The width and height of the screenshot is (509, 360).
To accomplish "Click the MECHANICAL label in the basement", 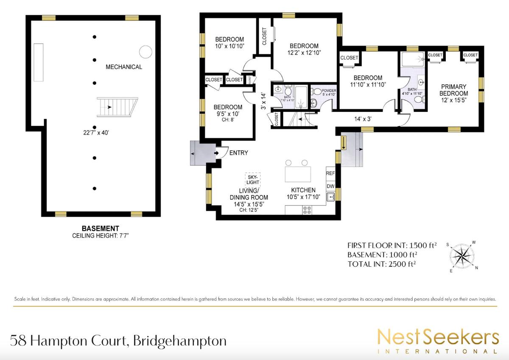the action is tap(124, 67).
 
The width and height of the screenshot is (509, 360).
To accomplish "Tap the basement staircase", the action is tap(117, 107).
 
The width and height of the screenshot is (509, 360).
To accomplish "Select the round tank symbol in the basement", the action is tap(145, 52).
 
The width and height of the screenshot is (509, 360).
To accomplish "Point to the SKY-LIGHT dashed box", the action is tap(253, 180).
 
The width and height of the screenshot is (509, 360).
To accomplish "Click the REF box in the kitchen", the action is tap(330, 173).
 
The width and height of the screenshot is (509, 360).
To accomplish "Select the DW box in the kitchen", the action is tap(330, 186).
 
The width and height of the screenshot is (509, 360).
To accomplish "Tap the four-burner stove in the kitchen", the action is tap(307, 210).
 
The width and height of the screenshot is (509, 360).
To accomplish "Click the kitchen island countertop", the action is tap(298, 174).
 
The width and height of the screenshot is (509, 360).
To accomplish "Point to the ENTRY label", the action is tap(238, 153).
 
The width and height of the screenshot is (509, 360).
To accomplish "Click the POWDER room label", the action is tap(329, 91).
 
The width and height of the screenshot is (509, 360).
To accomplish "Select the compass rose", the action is tap(462, 256).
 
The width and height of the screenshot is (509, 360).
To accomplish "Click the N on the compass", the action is tap(476, 268).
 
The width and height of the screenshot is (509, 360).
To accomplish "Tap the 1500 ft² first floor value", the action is tap(423, 245).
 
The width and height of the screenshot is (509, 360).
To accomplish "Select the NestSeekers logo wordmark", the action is tap(438, 339).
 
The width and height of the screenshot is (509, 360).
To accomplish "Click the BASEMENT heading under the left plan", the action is tap(101, 228).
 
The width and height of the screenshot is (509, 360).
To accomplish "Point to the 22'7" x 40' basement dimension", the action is tap(96, 132).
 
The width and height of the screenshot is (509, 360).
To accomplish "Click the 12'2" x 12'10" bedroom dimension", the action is tap(304, 53).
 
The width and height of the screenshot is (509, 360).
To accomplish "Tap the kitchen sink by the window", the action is tap(330, 197).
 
